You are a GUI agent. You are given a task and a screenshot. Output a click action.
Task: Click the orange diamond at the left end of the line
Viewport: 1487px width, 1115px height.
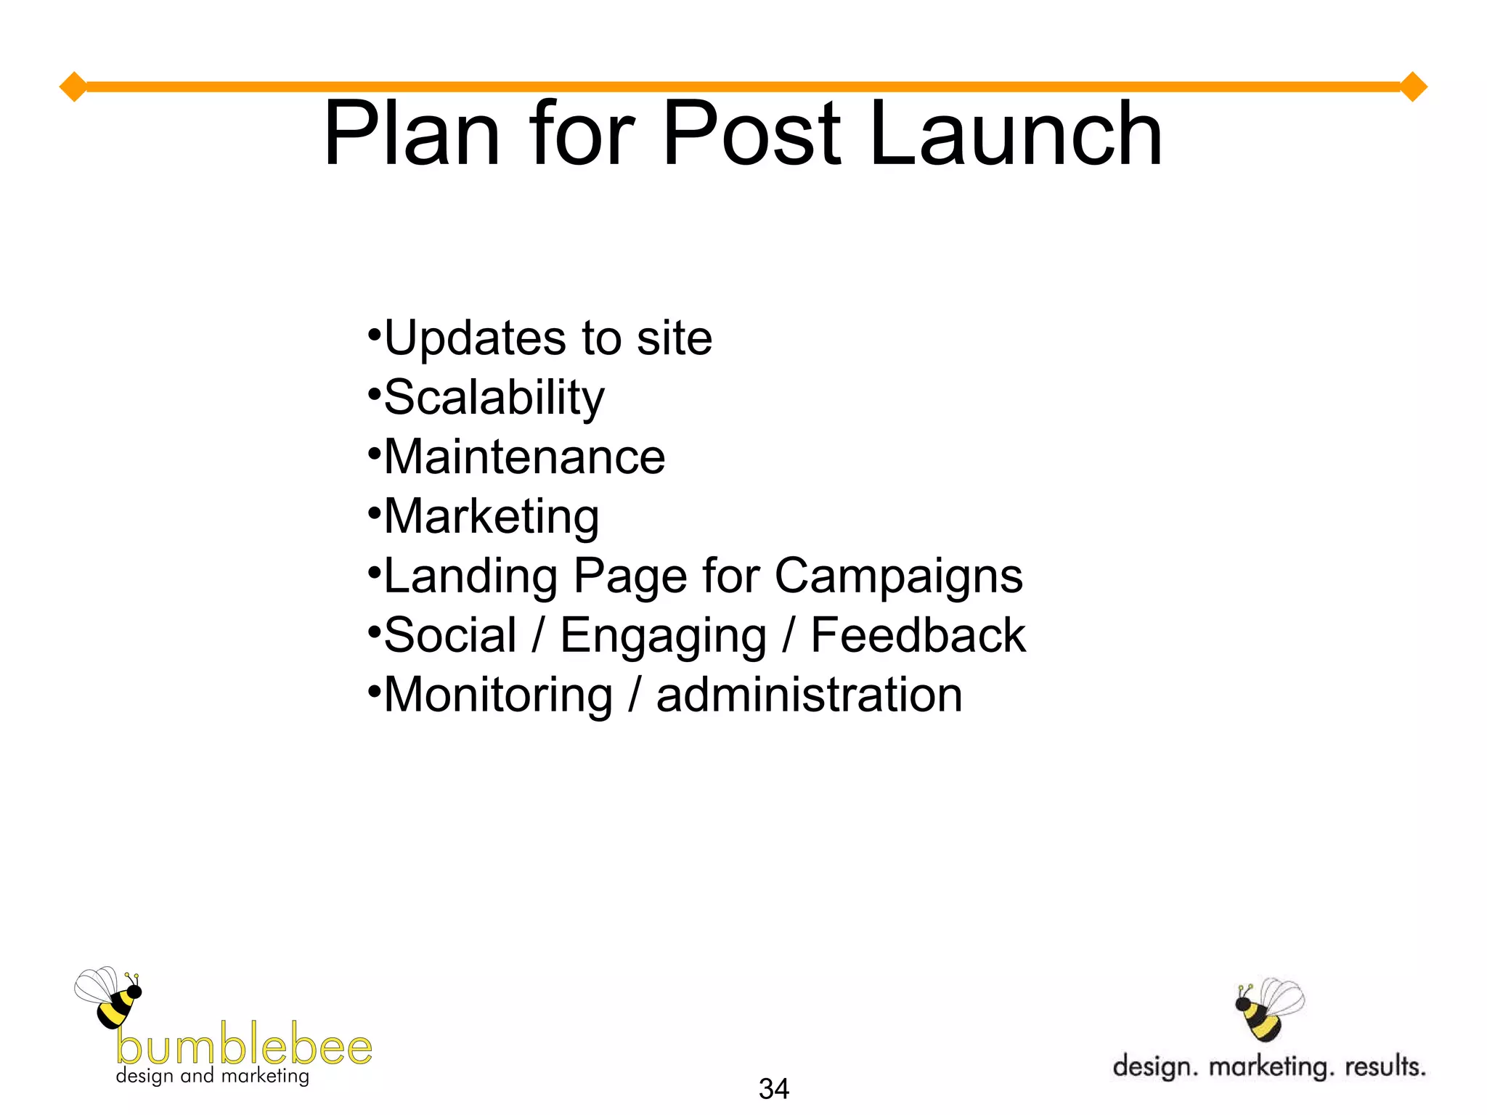coord(73,87)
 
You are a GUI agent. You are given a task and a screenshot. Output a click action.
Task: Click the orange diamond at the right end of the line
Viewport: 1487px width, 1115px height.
coord(1413,87)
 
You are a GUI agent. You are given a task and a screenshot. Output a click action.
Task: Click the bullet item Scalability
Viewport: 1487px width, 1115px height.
coord(494,399)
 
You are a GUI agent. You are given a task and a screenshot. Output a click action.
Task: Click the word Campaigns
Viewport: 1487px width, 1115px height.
coord(899,576)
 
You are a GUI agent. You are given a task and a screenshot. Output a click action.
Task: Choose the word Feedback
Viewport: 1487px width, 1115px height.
coord(918,635)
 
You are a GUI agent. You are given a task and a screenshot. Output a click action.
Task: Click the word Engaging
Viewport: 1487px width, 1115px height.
coord(663,637)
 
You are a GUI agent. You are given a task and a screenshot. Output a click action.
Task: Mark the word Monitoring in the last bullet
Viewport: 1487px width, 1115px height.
coord(498,695)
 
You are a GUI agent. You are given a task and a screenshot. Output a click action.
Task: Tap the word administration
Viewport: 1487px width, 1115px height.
coord(809,695)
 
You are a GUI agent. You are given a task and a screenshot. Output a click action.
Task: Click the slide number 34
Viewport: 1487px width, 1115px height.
coord(773,1089)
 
